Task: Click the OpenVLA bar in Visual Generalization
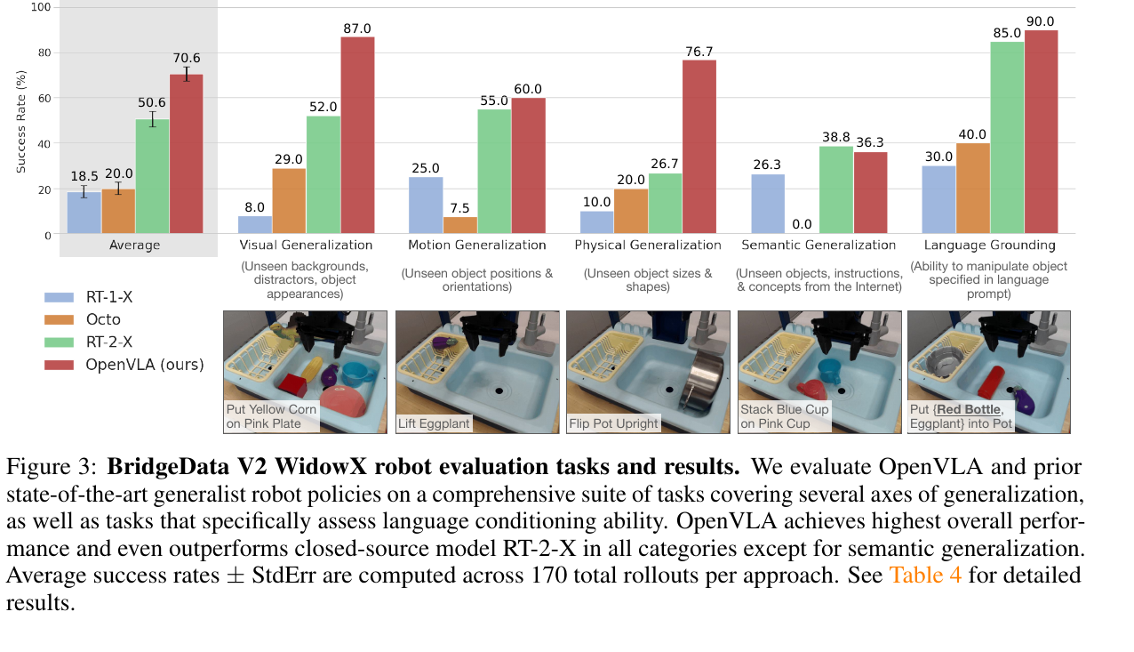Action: point(357,135)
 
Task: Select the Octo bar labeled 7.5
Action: point(460,225)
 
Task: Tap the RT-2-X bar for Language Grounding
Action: point(1007,138)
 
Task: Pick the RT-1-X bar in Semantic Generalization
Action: point(768,205)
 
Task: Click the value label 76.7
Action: point(699,52)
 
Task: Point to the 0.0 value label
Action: point(802,224)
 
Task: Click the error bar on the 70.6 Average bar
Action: point(187,74)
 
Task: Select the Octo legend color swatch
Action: point(59,319)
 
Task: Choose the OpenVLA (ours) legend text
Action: point(145,365)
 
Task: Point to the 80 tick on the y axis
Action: point(44,52)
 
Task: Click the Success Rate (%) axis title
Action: point(20,122)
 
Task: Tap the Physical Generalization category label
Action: point(648,246)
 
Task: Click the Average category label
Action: point(135,246)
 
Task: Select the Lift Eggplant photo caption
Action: point(434,423)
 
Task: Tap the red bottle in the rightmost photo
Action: point(991,382)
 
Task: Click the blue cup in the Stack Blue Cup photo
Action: point(830,371)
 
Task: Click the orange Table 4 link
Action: point(925,576)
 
